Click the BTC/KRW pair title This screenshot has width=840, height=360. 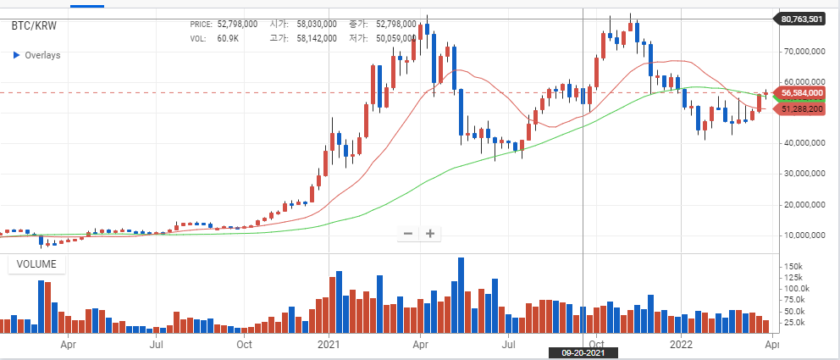coord(34,25)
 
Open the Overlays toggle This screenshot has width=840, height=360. coord(36,55)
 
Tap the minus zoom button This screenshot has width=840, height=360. coord(407,234)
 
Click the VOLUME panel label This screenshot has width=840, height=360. coord(36,264)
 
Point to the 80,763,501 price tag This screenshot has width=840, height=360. coord(801,19)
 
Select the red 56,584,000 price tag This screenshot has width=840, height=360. coord(801,92)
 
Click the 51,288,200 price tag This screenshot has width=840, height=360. coord(801,109)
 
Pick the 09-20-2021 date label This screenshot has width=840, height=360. coord(583,353)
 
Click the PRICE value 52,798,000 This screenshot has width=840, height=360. coord(237,24)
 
